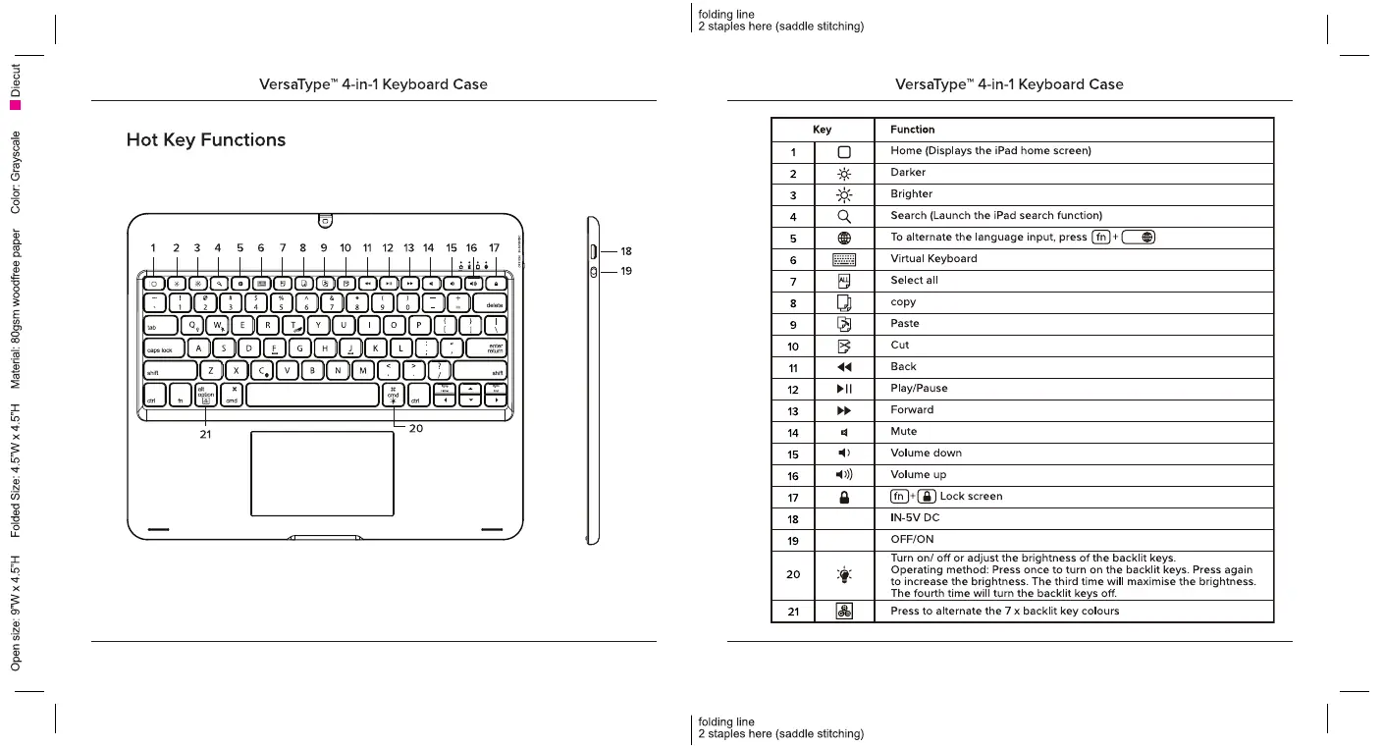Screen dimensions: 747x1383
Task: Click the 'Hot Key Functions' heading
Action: click(206, 140)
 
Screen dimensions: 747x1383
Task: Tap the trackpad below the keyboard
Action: click(322, 472)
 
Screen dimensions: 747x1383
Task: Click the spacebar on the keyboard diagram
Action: click(312, 395)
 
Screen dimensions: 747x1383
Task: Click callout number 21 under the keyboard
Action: click(205, 434)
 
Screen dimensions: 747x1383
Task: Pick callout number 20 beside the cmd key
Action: click(415, 428)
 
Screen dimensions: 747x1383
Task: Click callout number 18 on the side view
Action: click(626, 251)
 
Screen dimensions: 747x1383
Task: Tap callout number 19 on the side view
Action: click(626, 272)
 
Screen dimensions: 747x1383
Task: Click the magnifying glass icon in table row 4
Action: click(844, 216)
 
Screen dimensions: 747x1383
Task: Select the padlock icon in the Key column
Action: click(844, 497)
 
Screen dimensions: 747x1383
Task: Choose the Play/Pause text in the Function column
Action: click(919, 389)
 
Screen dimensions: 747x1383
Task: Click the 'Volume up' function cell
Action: click(918, 475)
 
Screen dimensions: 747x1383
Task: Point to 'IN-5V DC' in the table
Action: click(915, 518)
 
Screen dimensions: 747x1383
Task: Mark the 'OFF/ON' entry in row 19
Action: click(911, 540)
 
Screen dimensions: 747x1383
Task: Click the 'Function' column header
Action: click(912, 130)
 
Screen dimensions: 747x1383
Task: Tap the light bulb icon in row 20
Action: click(844, 574)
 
